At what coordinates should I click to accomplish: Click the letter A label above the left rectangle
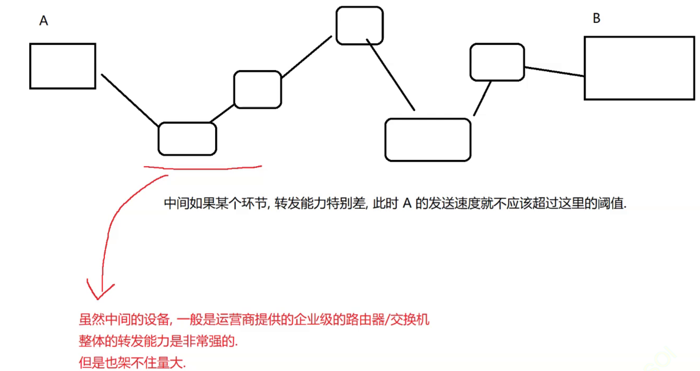click(44, 20)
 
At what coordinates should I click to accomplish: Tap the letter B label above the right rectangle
click(596, 18)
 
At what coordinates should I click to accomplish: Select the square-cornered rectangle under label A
click(63, 66)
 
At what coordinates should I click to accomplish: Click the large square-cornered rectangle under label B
click(639, 68)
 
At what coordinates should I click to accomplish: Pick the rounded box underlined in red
click(187, 139)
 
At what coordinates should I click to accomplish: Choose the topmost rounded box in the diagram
click(359, 26)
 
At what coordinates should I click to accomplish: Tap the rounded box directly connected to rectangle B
click(497, 62)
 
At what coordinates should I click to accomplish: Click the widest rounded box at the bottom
click(428, 140)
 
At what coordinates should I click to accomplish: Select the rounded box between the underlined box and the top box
click(258, 89)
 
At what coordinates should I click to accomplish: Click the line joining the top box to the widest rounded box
click(390, 74)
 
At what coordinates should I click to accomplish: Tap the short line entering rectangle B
click(554, 71)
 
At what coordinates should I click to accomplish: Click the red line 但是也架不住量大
click(132, 362)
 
